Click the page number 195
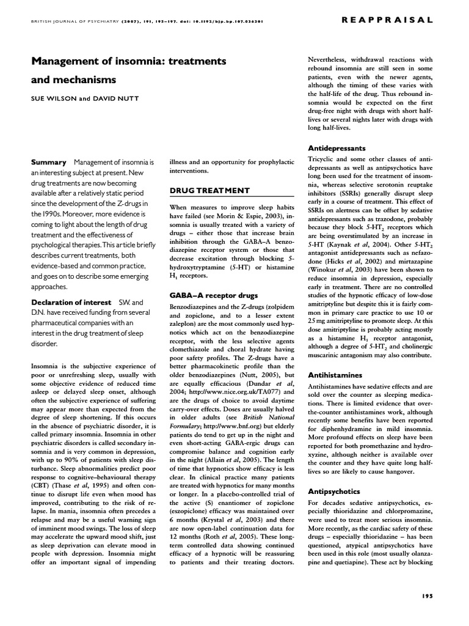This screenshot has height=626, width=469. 427,595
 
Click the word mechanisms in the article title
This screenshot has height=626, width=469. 76,80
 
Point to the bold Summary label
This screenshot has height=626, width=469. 48,162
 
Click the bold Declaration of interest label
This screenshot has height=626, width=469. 71,303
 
